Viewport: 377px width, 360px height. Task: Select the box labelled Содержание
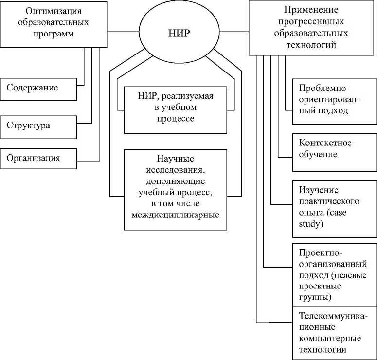pos(38,88)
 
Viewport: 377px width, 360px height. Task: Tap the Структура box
pos(38,126)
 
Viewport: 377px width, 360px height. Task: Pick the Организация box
pos(38,158)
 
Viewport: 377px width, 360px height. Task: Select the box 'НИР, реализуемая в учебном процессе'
pos(176,109)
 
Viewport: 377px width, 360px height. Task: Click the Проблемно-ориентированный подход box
pos(334,99)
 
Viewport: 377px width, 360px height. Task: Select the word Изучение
pos(319,190)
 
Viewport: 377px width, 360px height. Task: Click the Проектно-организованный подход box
pos(334,274)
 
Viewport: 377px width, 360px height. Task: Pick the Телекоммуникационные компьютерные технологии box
pos(334,333)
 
